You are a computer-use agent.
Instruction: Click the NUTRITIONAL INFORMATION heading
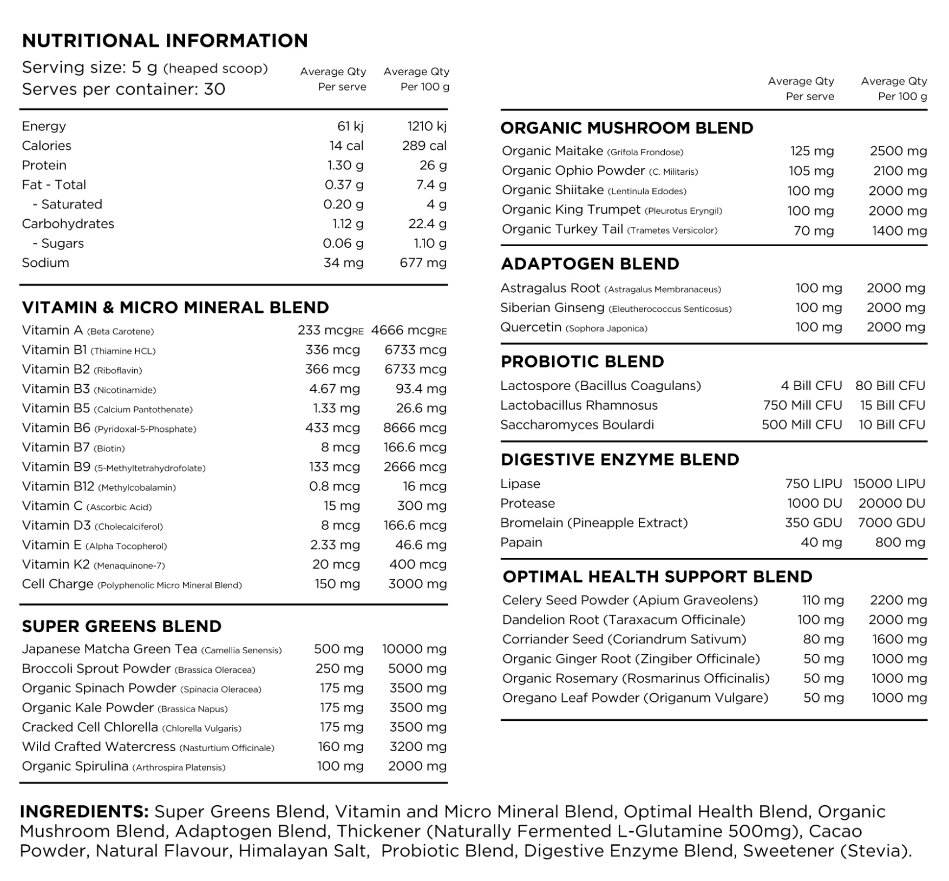tap(165, 41)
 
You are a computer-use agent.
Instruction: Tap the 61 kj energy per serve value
tap(350, 126)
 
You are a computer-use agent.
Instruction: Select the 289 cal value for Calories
tap(424, 146)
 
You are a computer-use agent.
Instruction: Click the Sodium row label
tap(45, 263)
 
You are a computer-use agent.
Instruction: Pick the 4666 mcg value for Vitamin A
tap(408, 330)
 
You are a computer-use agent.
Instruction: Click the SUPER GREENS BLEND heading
tap(122, 626)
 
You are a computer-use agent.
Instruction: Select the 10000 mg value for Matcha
tap(414, 649)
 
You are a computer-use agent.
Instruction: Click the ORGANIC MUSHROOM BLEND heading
tap(627, 128)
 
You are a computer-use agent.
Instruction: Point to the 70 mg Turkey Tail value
tap(814, 231)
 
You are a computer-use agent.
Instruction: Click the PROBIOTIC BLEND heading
tap(583, 361)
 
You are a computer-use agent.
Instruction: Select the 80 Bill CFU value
tap(890, 386)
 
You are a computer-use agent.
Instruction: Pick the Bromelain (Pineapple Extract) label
tap(594, 523)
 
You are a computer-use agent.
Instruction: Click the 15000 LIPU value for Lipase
tap(889, 484)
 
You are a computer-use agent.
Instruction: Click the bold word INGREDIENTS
tap(84, 812)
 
